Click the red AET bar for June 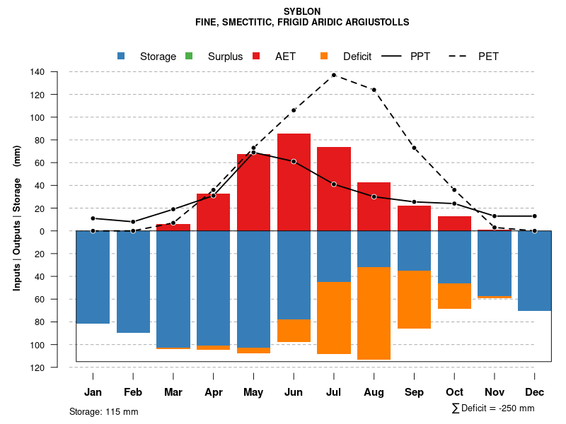pyautogui.click(x=294, y=182)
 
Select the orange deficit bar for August pyautogui.click(x=374, y=313)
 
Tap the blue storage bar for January pyautogui.click(x=93, y=277)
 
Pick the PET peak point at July pyautogui.click(x=334, y=75)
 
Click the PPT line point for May pyautogui.click(x=253, y=153)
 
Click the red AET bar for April pyautogui.click(x=213, y=212)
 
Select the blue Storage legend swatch pyautogui.click(x=122, y=56)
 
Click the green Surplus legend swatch pyautogui.click(x=189, y=56)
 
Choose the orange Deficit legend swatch pyautogui.click(x=324, y=56)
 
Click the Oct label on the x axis pyautogui.click(x=454, y=392)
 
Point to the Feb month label pyautogui.click(x=133, y=392)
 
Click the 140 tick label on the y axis pyautogui.click(x=38, y=72)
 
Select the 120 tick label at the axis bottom pyautogui.click(x=38, y=367)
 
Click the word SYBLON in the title pyautogui.click(x=302, y=11)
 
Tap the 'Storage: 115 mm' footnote pyautogui.click(x=104, y=411)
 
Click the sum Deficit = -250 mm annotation pyautogui.click(x=493, y=408)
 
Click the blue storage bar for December pyautogui.click(x=534, y=271)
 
